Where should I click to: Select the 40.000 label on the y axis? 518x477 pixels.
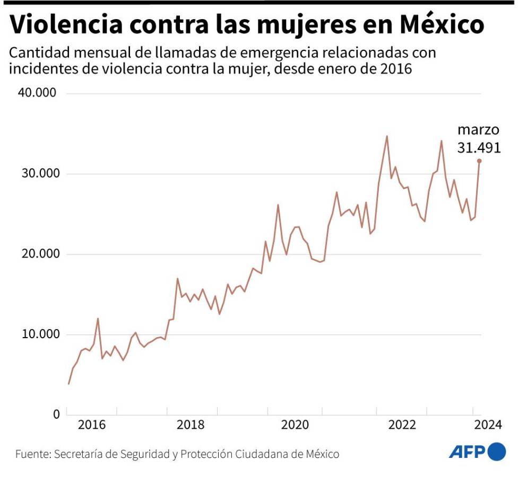(x=38, y=93)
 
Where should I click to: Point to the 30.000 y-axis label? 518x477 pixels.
(x=38, y=174)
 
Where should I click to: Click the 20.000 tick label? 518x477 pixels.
(x=38, y=254)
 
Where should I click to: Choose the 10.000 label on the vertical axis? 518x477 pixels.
(x=38, y=334)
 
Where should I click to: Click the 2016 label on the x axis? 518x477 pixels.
(x=91, y=425)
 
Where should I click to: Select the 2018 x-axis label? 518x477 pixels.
(x=192, y=425)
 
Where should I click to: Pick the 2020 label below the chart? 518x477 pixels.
(x=295, y=425)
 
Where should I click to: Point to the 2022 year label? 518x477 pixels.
(x=402, y=425)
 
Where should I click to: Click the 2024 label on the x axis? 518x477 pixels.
(x=487, y=425)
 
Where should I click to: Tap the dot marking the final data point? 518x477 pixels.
(x=479, y=161)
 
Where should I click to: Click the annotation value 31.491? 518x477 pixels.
(x=479, y=148)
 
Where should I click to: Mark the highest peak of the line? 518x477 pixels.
(x=386, y=136)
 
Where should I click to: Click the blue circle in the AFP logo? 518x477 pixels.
(x=497, y=452)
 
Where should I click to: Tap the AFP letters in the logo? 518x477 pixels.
(x=467, y=452)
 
